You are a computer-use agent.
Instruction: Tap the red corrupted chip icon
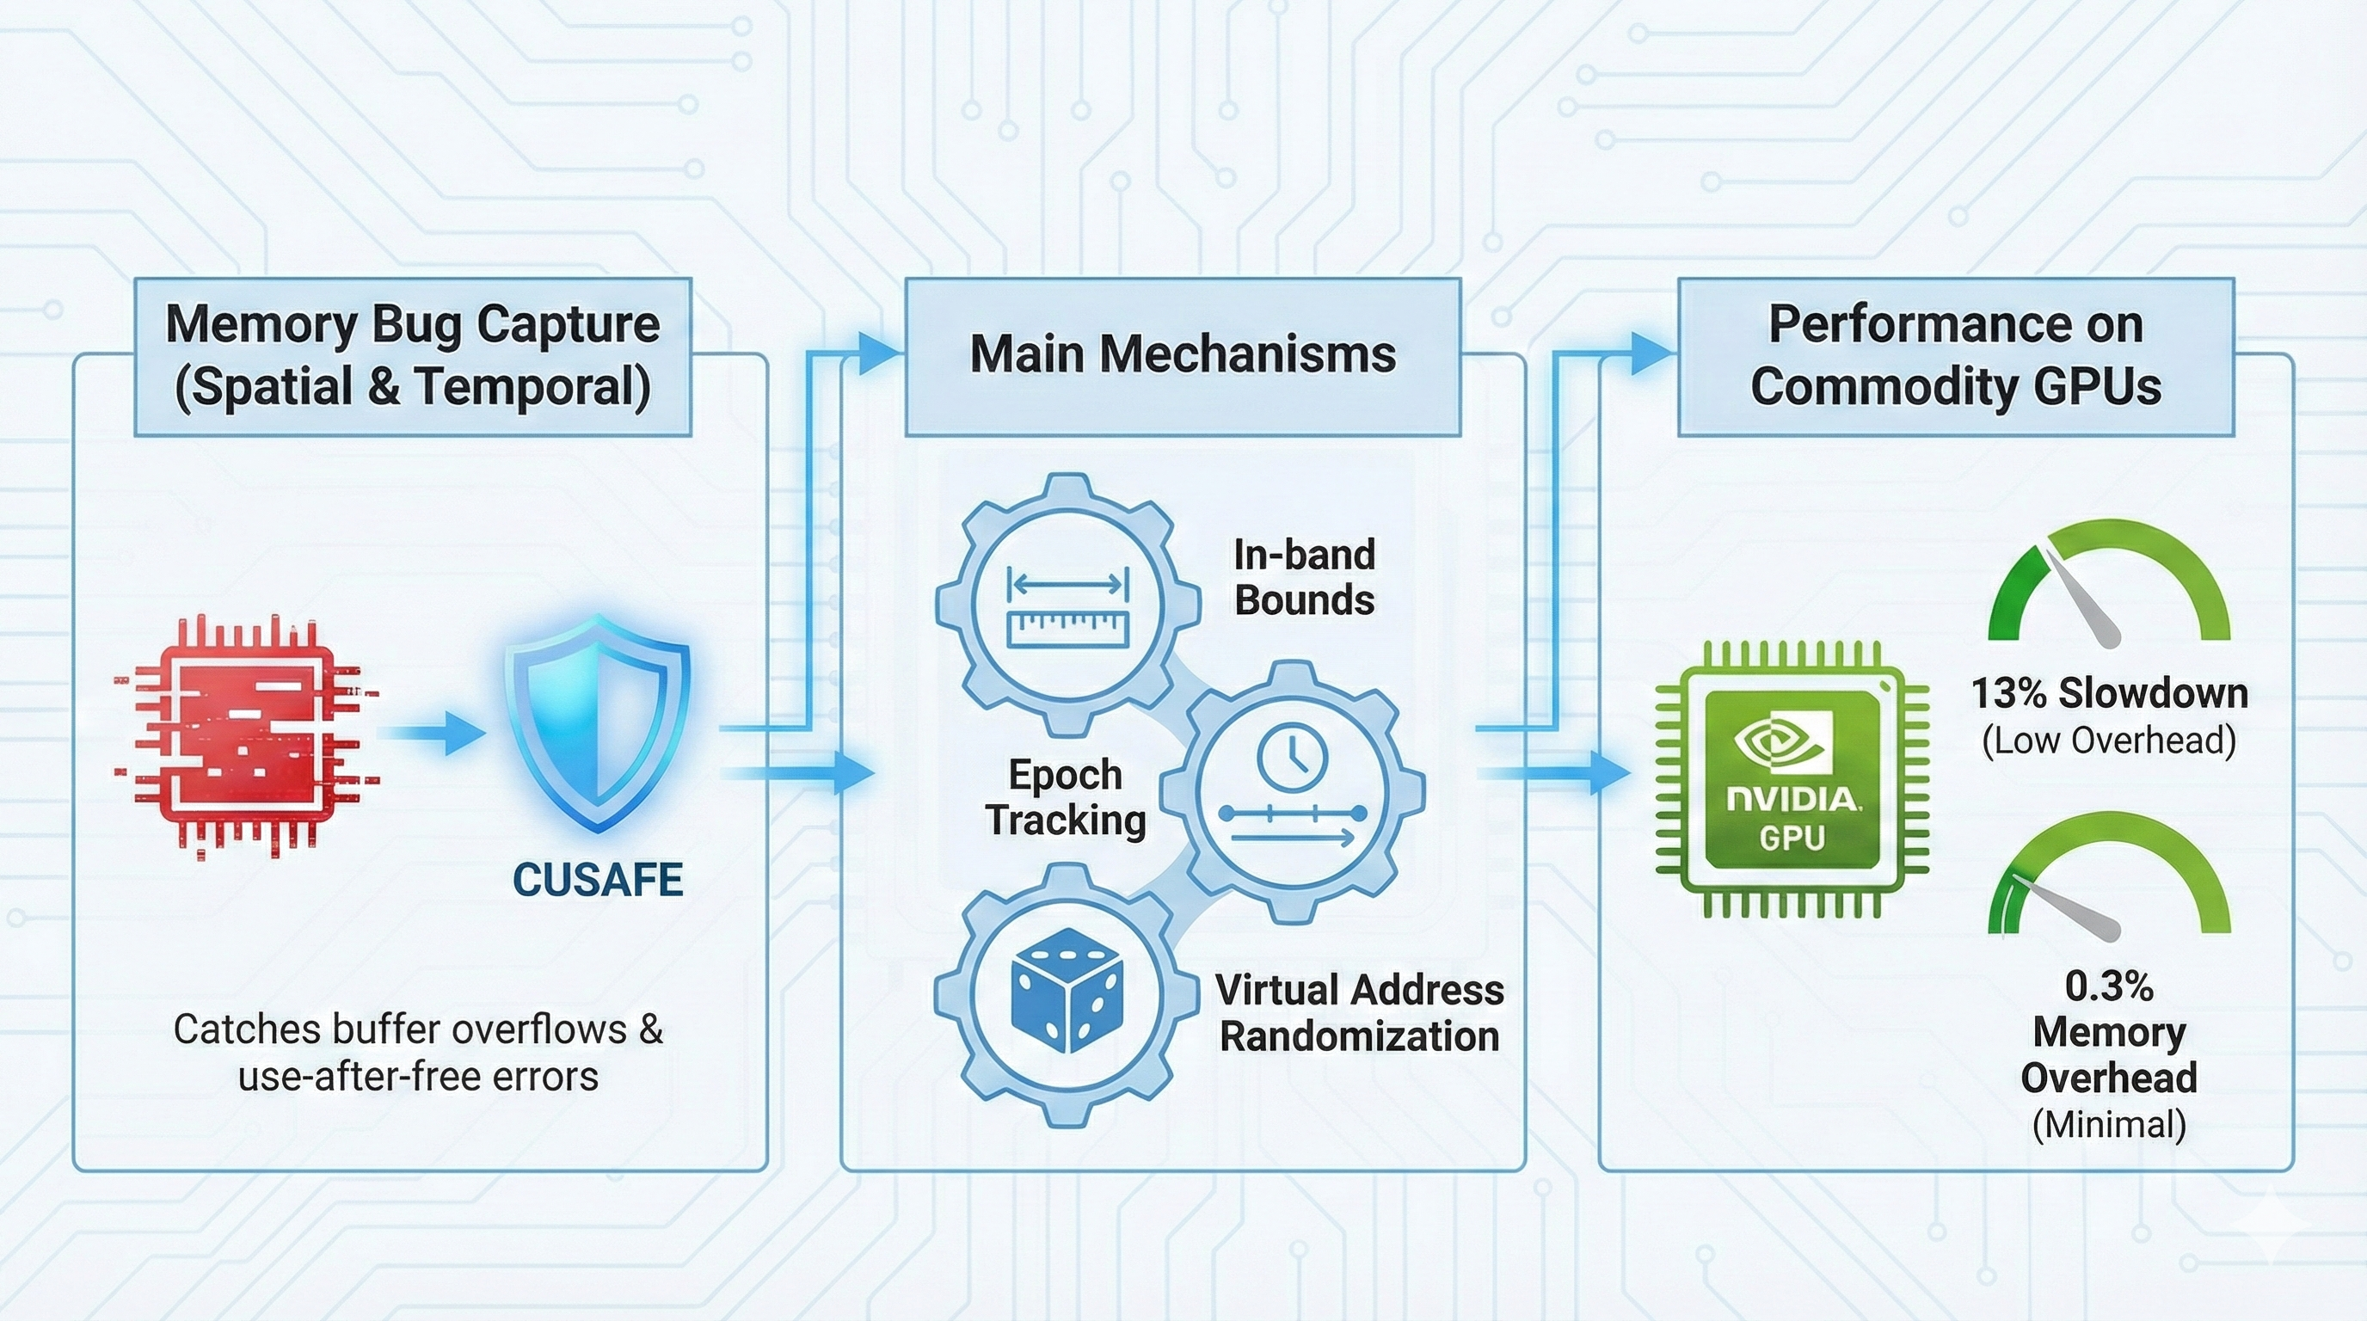click(246, 736)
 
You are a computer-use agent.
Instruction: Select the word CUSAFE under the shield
click(597, 879)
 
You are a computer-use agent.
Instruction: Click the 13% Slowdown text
click(2109, 693)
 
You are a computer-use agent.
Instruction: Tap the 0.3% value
click(2109, 986)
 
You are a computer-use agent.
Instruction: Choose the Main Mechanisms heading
click(1183, 354)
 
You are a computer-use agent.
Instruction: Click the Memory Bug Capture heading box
click(413, 355)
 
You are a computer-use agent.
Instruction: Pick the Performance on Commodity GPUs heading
click(1955, 355)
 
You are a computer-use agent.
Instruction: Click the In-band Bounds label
click(1304, 577)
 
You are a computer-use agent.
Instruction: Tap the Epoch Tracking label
click(1066, 797)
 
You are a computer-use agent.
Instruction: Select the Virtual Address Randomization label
click(1359, 1013)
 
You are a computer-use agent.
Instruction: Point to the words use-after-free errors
click(418, 1076)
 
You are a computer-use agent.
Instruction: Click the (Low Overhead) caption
click(2109, 740)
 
